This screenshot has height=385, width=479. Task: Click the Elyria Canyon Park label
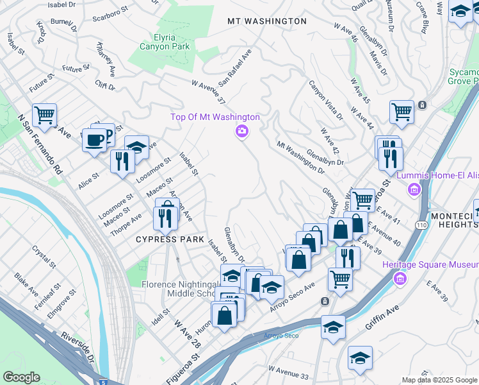click(x=157, y=42)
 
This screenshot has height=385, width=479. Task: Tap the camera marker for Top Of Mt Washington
click(x=241, y=132)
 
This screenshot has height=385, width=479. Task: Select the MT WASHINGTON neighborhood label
click(x=267, y=21)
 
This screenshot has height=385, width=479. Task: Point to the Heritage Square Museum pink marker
click(x=401, y=278)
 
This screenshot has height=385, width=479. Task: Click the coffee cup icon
click(x=94, y=140)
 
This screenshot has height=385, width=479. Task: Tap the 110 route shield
click(x=421, y=225)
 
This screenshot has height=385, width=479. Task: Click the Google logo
click(x=21, y=377)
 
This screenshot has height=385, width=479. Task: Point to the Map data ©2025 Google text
click(x=439, y=380)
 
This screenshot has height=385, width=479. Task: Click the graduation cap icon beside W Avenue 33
click(x=360, y=359)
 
